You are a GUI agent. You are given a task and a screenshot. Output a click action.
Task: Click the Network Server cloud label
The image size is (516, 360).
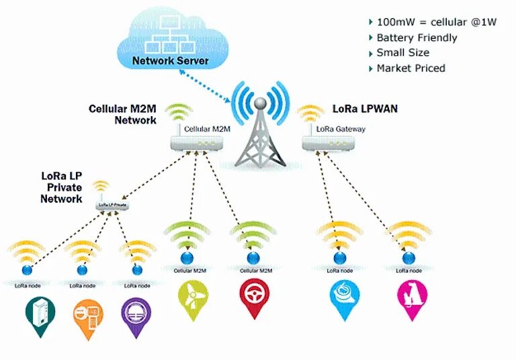tap(170, 61)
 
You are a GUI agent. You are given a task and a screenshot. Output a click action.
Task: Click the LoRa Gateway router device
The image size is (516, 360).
tap(328, 143)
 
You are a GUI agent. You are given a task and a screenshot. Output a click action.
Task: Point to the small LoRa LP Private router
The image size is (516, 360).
tap(112, 204)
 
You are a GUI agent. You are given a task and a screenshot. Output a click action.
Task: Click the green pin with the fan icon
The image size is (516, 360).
tap(189, 299)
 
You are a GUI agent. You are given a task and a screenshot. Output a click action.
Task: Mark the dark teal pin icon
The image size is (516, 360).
tap(38, 316)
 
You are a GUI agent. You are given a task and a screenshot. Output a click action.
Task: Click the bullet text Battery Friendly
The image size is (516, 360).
tap(417, 38)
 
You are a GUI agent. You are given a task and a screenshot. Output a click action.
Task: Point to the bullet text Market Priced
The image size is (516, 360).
tap(411, 68)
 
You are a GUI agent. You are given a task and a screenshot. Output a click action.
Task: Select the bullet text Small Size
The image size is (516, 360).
tap(402, 52)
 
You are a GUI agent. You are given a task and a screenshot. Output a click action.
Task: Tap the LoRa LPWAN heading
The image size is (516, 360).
tap(365, 108)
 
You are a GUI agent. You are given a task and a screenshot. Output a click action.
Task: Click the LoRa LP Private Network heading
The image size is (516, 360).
tap(61, 187)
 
